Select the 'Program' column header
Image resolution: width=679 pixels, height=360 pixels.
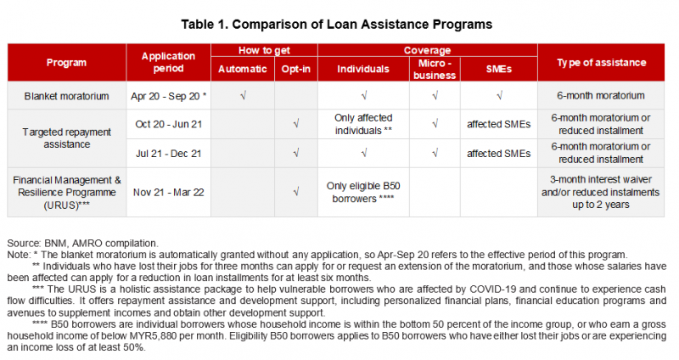(66, 63)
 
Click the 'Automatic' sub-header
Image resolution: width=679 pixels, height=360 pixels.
(243, 69)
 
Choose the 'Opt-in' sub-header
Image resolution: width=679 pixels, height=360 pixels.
(295, 69)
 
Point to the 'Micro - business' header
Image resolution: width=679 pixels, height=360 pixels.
(435, 69)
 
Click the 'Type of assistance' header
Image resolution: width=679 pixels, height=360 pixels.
(601, 63)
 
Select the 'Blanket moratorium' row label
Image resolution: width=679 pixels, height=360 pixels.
(66, 96)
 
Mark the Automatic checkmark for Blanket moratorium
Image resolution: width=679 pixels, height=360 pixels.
(243, 96)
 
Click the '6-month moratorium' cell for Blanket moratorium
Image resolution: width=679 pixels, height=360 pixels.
(601, 96)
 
